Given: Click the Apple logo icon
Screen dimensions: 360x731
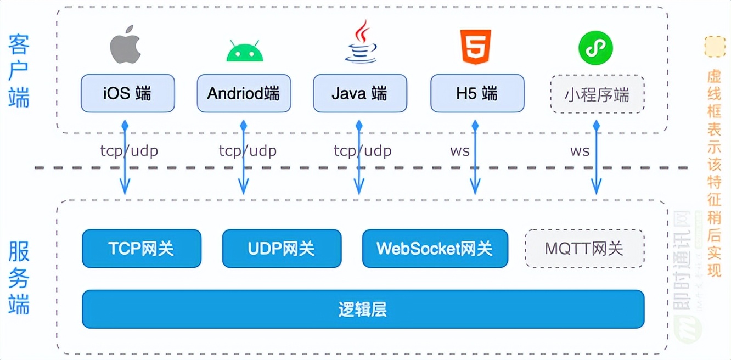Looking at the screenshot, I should coord(126,47).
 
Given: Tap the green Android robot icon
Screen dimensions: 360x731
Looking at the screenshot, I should coord(245,51).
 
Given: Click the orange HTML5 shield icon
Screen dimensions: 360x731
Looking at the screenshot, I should coord(476,47).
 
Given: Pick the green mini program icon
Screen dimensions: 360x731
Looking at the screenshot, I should coord(595,47).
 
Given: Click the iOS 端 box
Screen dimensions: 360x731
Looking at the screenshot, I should coord(127,93).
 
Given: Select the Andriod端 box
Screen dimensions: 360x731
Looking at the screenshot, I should coord(244,93).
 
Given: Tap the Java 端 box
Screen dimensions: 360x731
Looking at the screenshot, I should coord(360,93).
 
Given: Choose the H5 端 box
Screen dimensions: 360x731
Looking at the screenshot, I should coord(477,93).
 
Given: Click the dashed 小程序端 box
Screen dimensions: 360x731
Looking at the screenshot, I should coord(597,94).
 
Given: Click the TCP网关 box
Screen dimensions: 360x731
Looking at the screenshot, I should coord(142,249).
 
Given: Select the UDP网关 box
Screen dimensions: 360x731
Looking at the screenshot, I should coord(282,249).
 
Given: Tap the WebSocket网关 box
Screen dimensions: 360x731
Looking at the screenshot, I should coord(435,249).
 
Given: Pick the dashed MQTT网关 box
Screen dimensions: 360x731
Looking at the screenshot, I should coord(584,249).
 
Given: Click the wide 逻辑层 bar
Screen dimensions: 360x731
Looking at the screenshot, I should coord(363,309).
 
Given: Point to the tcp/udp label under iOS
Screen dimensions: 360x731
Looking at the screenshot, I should coord(129,151).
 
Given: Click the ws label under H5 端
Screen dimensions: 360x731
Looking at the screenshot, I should coord(460,151).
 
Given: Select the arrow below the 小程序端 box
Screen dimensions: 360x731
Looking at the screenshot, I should coord(596,165).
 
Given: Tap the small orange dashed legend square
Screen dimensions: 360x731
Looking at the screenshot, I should coord(715,47).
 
